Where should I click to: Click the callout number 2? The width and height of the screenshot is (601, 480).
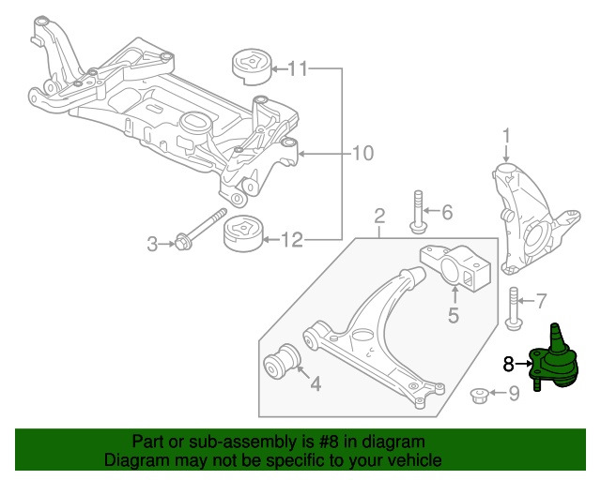coord(379,218)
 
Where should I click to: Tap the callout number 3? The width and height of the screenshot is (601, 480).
coord(152,245)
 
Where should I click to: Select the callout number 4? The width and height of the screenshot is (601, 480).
coord(315,382)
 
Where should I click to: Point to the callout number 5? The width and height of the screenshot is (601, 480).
coord(453,315)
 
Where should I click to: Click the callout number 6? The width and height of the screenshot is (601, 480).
coord(446,213)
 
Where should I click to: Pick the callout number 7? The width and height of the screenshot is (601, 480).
coord(540,302)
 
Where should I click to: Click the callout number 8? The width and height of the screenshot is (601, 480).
coord(509,363)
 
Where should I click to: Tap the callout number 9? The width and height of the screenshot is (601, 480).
coord(513,394)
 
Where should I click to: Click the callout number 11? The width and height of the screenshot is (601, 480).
coord(298,68)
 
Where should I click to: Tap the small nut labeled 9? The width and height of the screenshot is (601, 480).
coord(477,394)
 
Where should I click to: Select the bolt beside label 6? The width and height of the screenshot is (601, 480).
coord(415,211)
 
